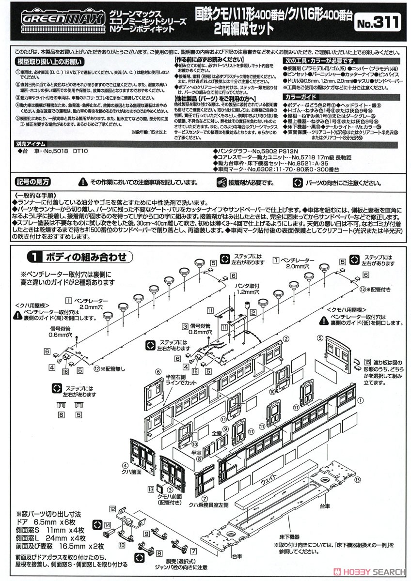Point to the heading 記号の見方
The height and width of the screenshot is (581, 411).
(32, 182)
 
